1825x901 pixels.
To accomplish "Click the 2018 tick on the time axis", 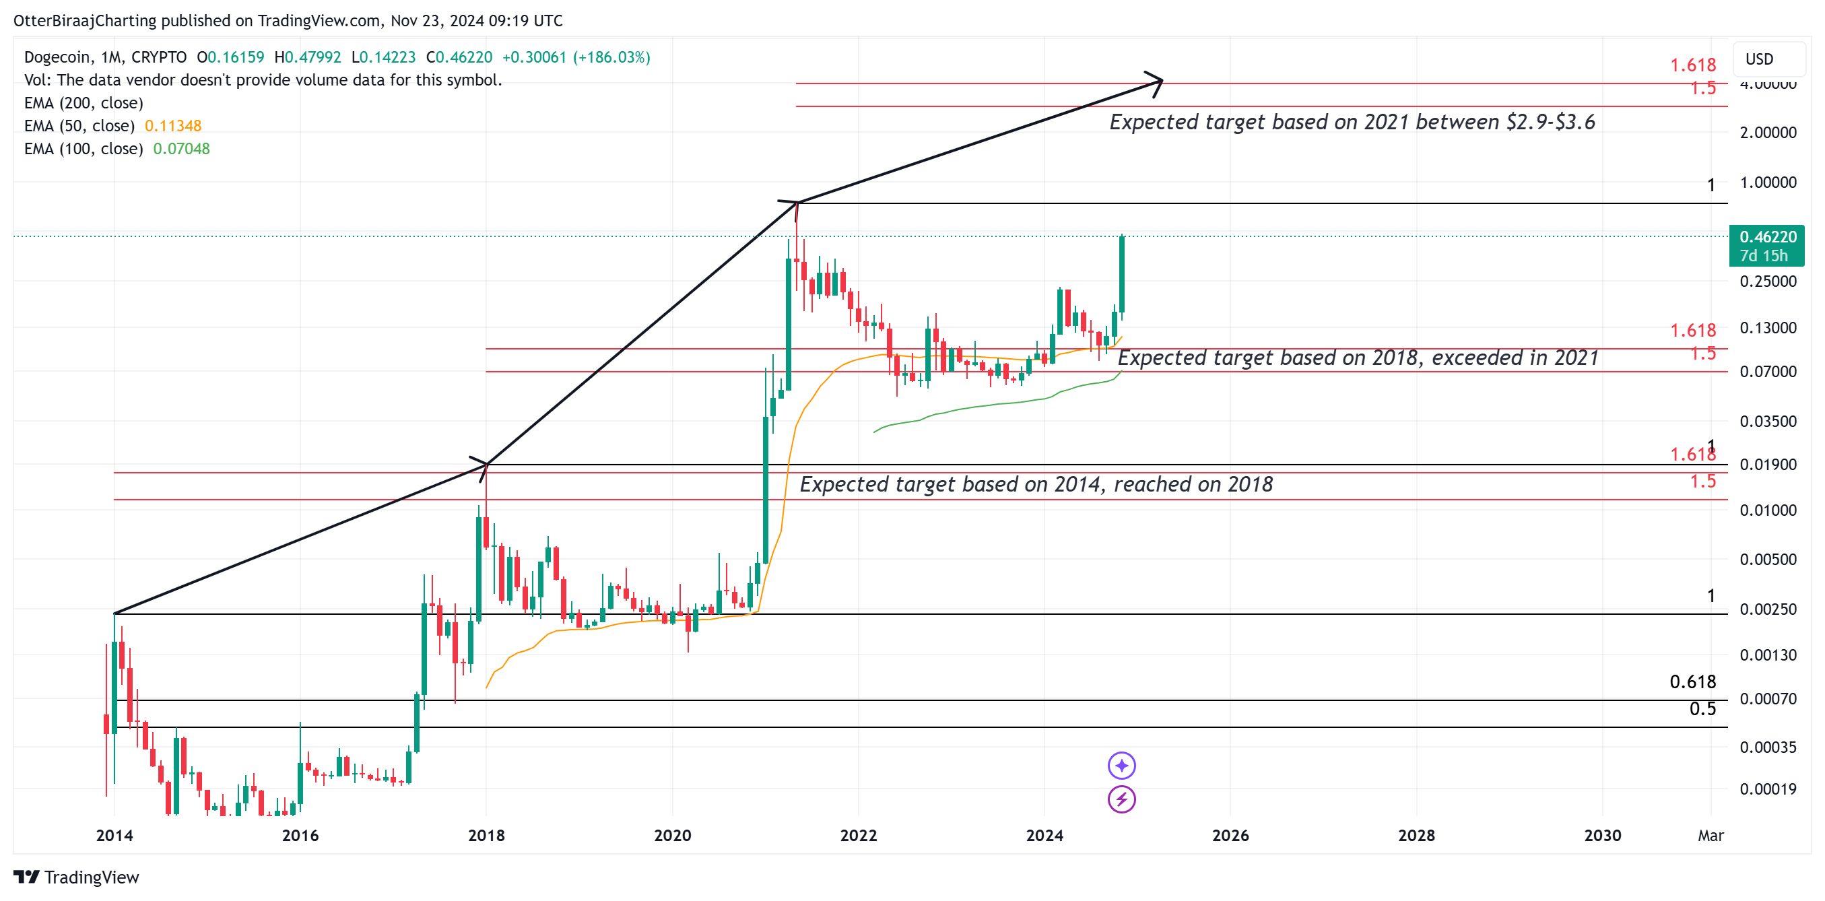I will (x=486, y=835).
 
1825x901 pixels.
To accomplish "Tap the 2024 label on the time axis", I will (x=1044, y=835).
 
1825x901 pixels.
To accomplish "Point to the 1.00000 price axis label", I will (x=1768, y=182).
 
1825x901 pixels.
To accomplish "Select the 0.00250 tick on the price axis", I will (x=1768, y=609).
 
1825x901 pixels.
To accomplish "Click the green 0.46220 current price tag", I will (x=1767, y=245).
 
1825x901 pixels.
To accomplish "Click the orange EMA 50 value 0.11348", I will (x=173, y=125).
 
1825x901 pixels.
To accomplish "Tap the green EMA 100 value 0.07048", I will (x=181, y=149).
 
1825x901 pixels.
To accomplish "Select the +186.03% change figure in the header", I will (x=611, y=57).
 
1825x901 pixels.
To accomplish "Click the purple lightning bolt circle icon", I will (x=1121, y=800).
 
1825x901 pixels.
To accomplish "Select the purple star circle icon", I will (x=1121, y=765).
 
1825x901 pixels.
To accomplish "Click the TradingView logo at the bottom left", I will (x=77, y=877).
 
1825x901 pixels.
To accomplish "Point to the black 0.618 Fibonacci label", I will (x=1692, y=681).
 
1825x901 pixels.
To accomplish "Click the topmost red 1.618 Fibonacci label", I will (x=1692, y=65).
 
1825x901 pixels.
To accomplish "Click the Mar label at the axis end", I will (x=1711, y=835).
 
